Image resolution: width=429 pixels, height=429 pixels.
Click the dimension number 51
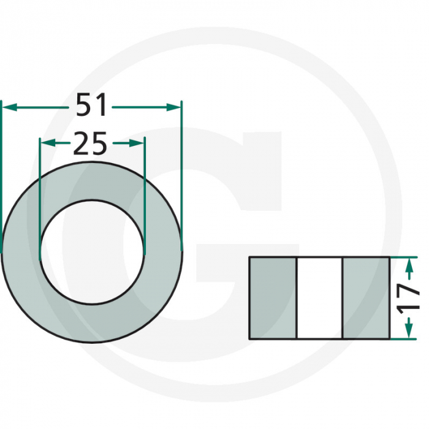[92, 106]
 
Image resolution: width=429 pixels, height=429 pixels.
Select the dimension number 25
[91, 144]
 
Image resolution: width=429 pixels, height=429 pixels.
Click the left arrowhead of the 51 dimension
[7, 107]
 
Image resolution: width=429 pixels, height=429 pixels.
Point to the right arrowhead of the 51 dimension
[176, 107]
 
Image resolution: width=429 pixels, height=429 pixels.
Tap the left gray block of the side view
[273, 298]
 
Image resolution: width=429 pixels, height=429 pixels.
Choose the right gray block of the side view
[366, 298]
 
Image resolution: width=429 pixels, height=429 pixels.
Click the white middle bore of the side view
[320, 298]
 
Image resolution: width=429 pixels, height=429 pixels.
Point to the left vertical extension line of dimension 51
[2, 172]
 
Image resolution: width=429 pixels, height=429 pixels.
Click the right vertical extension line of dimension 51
[182, 172]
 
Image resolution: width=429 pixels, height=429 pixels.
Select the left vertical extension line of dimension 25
[40, 184]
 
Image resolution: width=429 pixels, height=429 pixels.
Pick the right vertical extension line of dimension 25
[145, 184]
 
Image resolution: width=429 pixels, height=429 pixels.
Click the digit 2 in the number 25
[82, 144]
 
